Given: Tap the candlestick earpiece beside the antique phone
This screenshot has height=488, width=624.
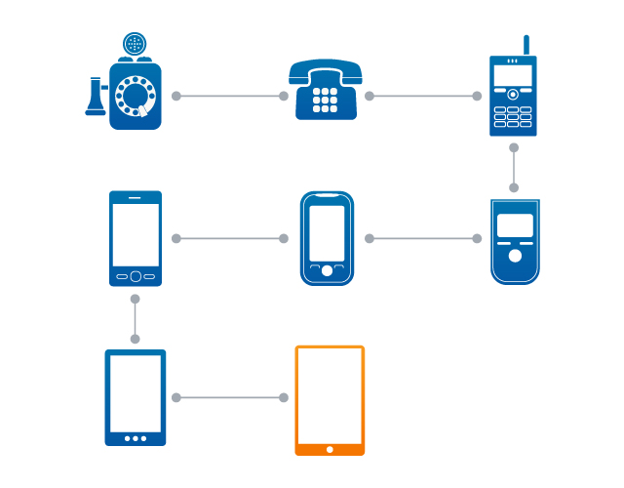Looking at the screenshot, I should point(96,98).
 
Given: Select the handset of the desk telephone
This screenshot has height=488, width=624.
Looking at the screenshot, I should point(325,70).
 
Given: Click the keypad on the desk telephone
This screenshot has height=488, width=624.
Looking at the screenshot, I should point(325,100).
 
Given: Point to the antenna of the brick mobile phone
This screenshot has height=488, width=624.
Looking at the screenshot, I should point(526,44).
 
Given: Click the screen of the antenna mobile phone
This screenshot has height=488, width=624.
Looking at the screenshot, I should point(513,75).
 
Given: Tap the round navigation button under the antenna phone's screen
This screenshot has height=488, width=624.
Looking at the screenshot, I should point(513,95).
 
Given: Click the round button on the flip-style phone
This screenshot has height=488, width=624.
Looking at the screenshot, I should point(515,257).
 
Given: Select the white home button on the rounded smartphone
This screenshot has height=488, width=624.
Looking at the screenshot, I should point(327,270).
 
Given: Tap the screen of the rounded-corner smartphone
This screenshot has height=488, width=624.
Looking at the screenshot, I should point(327,232).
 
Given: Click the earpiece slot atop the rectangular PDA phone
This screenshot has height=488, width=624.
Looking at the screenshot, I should point(136,198).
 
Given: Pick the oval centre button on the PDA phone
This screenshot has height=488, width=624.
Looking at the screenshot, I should point(136,275).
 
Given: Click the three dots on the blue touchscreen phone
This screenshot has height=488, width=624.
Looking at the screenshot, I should point(136,438).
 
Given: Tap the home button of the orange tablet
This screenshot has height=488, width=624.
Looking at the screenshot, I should point(330,449).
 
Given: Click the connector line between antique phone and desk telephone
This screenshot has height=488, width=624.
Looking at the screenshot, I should point(230,97).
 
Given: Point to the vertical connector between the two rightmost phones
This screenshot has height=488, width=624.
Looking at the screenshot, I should point(514,168).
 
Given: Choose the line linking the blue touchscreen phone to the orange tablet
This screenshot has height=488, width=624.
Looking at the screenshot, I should point(230,397).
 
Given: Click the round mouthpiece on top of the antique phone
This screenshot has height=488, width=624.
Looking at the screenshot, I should point(135,44).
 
